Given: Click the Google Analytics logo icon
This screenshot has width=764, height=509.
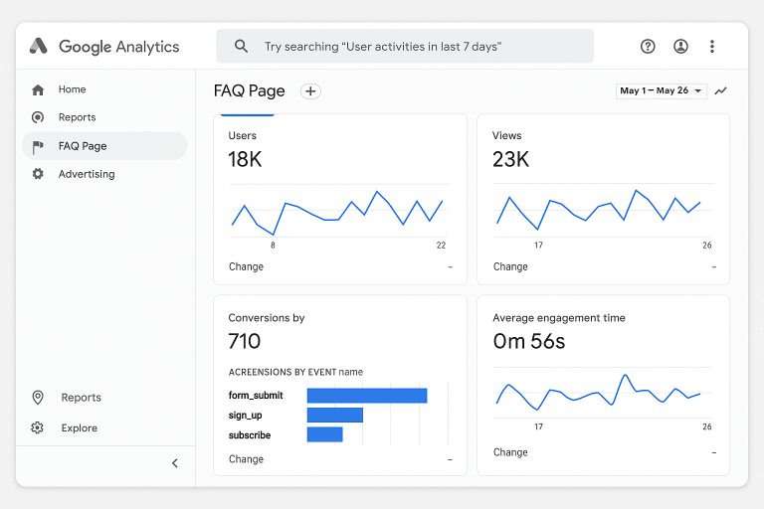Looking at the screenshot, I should (x=39, y=46).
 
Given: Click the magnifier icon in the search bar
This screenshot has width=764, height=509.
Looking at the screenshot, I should (x=241, y=46).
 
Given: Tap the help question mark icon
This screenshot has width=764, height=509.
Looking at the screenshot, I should (x=649, y=46).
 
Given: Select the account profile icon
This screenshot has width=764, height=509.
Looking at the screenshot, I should (x=680, y=46).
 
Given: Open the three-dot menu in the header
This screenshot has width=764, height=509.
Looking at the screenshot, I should (x=712, y=46).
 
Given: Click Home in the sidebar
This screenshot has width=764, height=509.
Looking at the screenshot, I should (x=72, y=89).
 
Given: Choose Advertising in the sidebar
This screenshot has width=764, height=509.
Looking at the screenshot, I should (x=86, y=174).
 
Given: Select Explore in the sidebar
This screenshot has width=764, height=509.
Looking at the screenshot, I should (x=79, y=428).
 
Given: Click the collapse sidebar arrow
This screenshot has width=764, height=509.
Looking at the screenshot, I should (x=175, y=463).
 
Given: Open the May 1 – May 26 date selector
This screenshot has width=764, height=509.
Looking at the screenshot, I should (x=661, y=90).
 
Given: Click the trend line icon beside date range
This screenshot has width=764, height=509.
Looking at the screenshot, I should (x=721, y=90).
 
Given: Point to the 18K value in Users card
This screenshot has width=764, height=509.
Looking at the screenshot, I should (x=245, y=159).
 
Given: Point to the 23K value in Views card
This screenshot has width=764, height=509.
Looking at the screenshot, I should (x=510, y=159).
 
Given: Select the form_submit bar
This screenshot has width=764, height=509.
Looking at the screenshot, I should (x=367, y=396).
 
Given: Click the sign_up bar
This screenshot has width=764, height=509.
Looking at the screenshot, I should (x=335, y=416).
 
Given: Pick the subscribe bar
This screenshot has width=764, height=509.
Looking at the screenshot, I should (x=324, y=434).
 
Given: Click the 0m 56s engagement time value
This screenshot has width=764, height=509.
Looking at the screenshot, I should (x=529, y=342).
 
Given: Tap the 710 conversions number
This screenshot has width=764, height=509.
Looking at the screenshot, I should (x=245, y=342).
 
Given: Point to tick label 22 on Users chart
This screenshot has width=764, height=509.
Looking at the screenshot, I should (x=441, y=245).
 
